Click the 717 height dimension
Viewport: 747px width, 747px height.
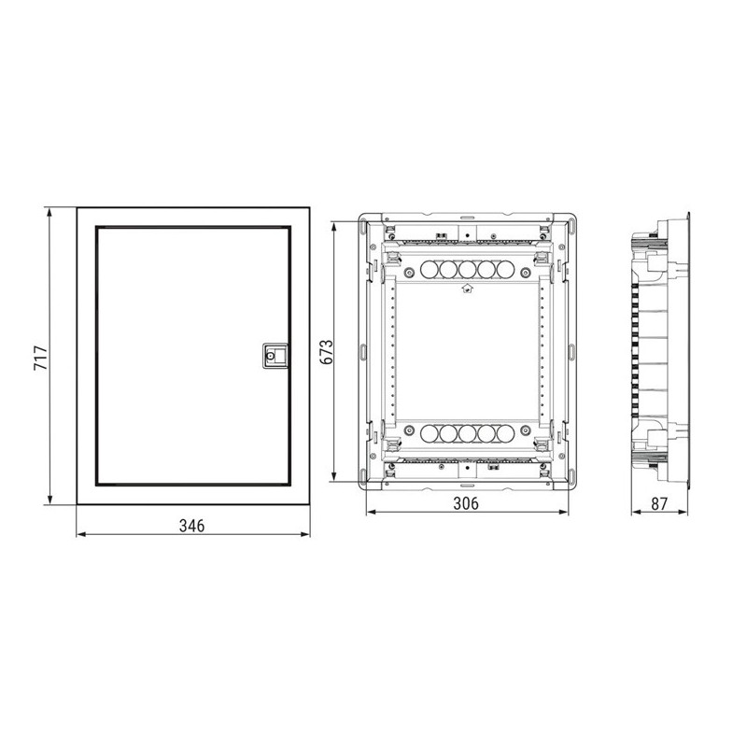41,358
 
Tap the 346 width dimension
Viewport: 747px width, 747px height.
192,526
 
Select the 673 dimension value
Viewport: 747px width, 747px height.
326,352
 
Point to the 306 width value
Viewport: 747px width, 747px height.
466,503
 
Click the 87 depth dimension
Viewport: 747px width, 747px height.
659,503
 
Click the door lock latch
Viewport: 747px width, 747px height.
275,356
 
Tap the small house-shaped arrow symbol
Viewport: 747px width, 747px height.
467,288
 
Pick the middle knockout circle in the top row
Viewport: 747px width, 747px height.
468,270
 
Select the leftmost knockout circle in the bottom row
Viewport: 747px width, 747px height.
430,433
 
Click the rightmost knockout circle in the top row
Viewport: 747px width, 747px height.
505,270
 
